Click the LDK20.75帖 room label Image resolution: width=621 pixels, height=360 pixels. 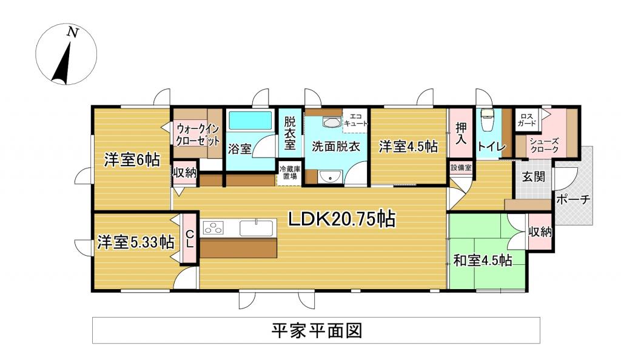pyautogui.click(x=342, y=219)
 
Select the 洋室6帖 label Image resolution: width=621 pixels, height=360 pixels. pyautogui.click(x=132, y=160)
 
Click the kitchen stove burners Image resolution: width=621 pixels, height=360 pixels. pyautogui.click(x=213, y=228)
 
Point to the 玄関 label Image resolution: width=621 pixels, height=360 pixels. pyautogui.click(x=534, y=177)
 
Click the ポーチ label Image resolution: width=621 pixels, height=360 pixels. pyautogui.click(x=572, y=199)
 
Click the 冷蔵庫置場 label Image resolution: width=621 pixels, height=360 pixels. pyautogui.click(x=289, y=173)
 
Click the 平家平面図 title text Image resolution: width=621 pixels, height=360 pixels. pyautogui.click(x=316, y=330)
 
